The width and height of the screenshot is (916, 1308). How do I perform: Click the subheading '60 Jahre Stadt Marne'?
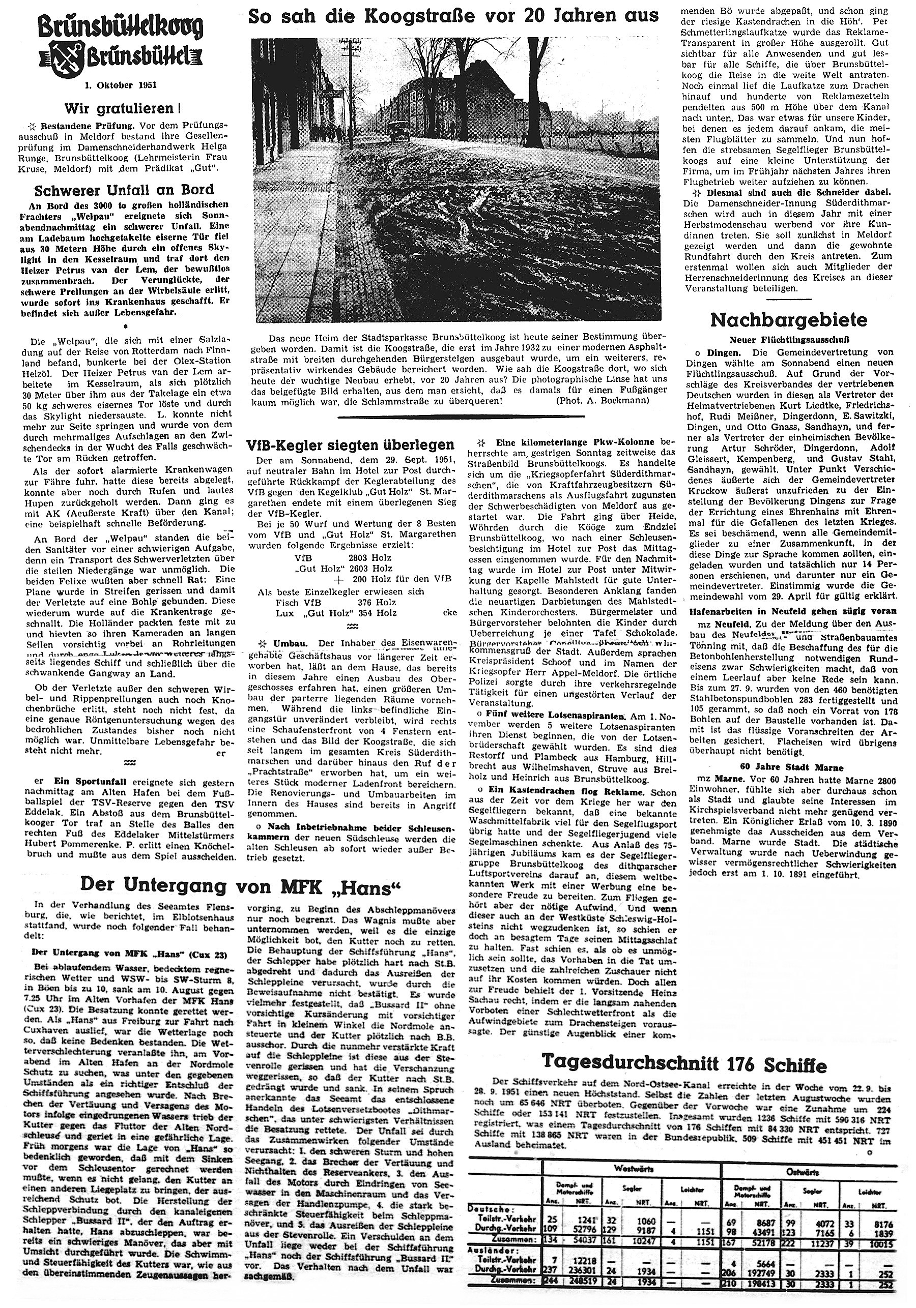point(786,767)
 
